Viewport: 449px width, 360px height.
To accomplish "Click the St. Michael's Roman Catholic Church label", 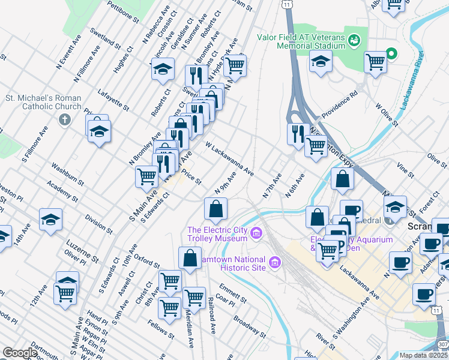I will point(43,102).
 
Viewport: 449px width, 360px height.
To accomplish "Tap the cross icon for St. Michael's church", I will point(65,119).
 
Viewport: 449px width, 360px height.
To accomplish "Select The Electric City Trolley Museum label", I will point(218,233).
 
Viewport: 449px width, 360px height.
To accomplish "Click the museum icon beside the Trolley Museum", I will point(257,233).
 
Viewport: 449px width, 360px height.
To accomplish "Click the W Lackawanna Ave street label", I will point(229,158).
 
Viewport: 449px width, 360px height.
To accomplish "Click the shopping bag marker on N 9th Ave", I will point(215,209).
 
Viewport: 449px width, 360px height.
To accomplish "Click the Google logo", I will point(20,353).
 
